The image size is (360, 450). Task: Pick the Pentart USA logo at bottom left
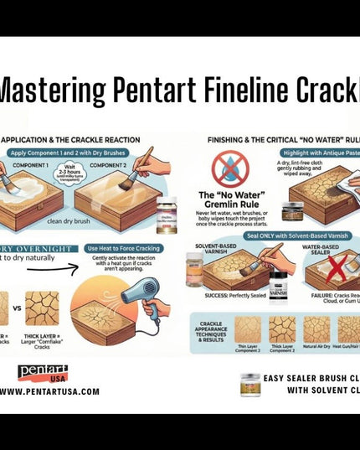tap(42, 373)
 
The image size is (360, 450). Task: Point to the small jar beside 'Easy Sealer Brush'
tap(249, 384)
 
